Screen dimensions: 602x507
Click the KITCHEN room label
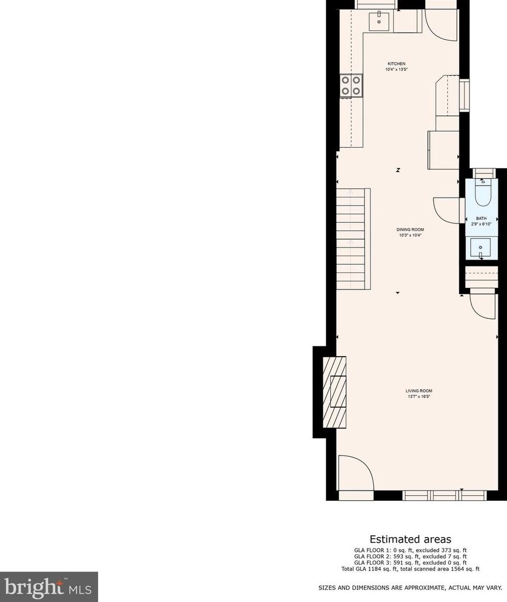click(396, 64)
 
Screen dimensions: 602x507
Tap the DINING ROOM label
click(410, 230)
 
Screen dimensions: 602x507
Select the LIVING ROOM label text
click(419, 391)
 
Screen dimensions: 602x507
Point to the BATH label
click(481, 218)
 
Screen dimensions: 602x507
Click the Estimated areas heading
click(410, 539)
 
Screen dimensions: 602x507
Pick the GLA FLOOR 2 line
click(410, 556)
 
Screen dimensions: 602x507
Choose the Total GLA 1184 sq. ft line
click(410, 569)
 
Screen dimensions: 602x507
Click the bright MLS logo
click(49, 586)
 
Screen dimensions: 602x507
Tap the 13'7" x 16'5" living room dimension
click(419, 396)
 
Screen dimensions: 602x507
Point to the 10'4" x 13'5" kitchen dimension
click(396, 70)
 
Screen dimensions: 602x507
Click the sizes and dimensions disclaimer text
click(410, 588)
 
